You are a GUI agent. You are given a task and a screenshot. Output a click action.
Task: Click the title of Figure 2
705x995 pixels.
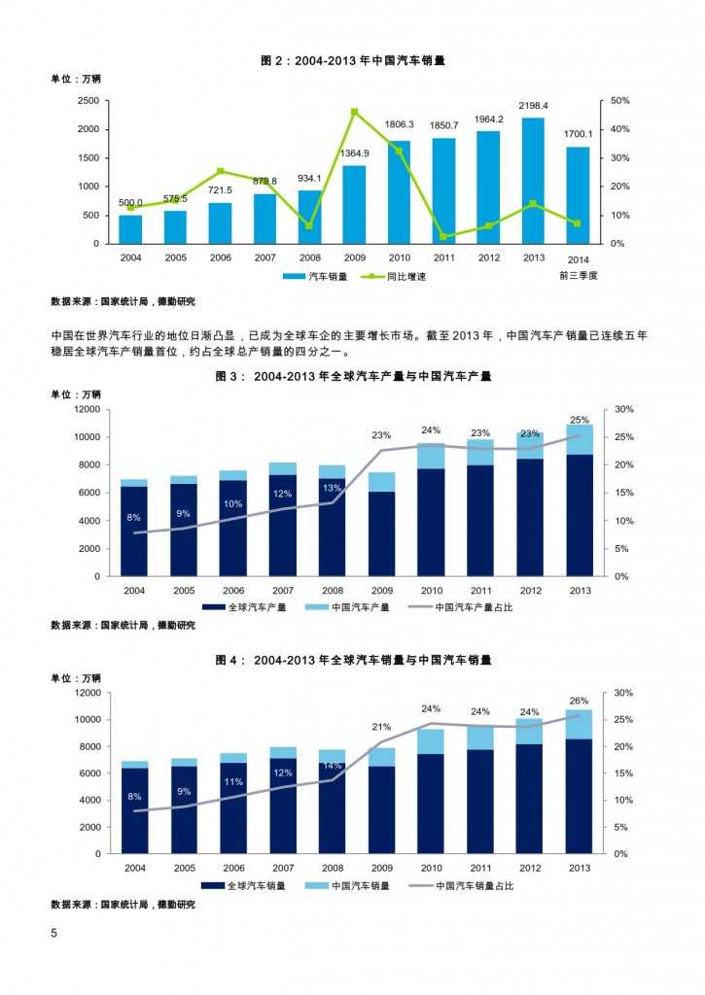(353, 60)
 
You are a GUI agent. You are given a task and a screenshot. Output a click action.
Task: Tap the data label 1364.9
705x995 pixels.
(354, 154)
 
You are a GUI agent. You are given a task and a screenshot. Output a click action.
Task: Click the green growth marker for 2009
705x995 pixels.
(354, 112)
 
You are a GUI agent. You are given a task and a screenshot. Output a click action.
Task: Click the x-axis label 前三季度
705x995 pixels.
(578, 275)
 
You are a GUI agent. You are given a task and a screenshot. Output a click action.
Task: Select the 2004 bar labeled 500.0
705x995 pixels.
(131, 229)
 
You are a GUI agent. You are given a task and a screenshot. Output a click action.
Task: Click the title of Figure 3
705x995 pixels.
(353, 377)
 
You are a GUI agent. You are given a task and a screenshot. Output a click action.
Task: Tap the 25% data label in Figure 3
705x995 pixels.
(579, 420)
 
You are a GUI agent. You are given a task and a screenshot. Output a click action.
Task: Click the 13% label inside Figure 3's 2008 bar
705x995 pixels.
(332, 488)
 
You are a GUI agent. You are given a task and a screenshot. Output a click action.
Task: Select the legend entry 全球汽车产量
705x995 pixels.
(253, 607)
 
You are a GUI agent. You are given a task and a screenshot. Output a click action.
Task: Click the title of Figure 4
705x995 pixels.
(353, 660)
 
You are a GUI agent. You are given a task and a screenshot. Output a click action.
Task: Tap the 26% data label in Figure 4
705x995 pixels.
(579, 701)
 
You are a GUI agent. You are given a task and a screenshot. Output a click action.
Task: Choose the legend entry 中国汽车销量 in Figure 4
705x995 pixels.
(360, 886)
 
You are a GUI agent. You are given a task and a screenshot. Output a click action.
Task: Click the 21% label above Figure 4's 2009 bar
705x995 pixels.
(381, 727)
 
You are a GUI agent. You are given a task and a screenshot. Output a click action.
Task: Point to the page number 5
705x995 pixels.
(54, 934)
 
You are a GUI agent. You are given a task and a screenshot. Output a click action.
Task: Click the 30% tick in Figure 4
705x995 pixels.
(623, 693)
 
